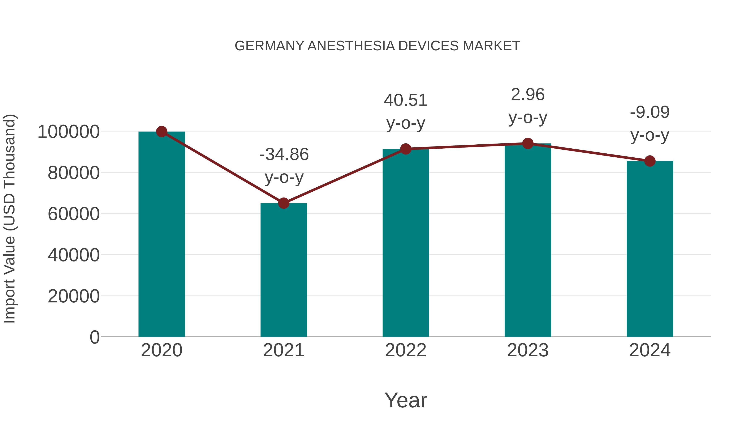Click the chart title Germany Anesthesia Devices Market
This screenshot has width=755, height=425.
point(377,46)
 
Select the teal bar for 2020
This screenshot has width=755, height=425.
point(161,235)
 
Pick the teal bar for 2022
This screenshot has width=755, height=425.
point(406,243)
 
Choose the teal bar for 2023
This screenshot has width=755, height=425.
point(528,241)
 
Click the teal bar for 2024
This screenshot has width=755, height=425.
point(650,249)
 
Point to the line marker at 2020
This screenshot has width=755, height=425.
point(161,132)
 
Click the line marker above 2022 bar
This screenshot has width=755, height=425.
point(406,149)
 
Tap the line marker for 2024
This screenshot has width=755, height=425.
point(650,161)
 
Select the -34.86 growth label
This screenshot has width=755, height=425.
point(284,154)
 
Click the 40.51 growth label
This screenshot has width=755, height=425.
point(406,101)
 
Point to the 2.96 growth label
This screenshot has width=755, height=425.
point(528,95)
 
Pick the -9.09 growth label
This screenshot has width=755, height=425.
point(650,112)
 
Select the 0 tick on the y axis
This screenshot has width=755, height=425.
point(94,337)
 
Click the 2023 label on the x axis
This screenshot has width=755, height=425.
point(528,350)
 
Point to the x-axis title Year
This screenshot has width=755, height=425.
point(406,400)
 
